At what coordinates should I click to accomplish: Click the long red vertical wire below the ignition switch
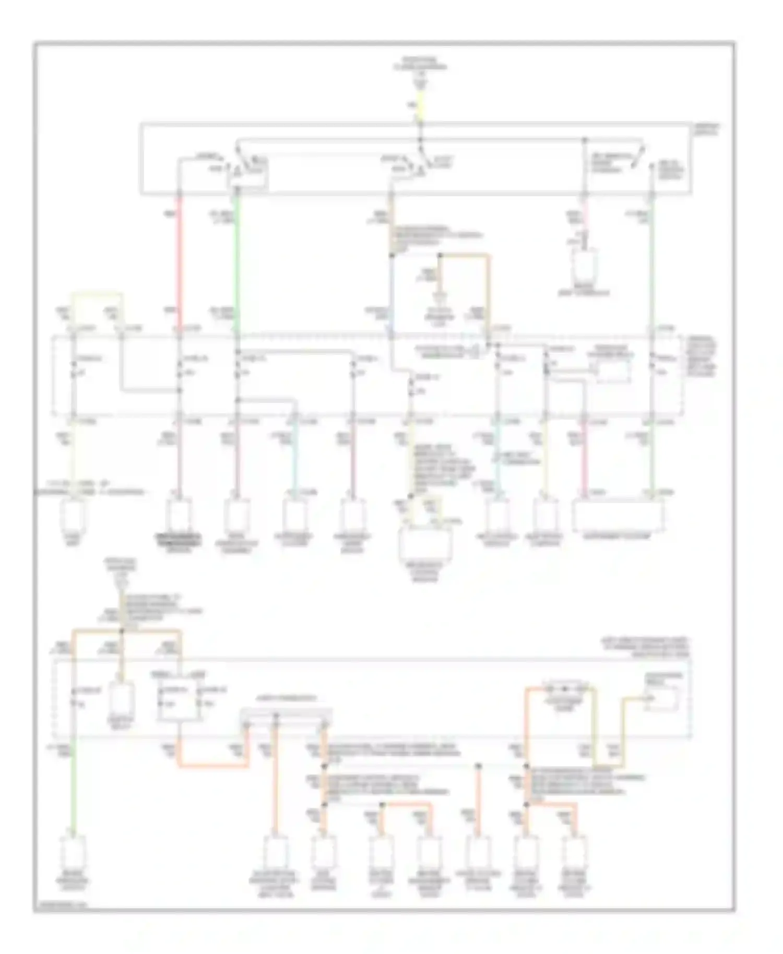(x=179, y=261)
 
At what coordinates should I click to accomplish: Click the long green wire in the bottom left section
(x=74, y=793)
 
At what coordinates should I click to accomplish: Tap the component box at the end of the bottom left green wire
(x=74, y=854)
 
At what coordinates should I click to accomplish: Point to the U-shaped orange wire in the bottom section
(x=214, y=765)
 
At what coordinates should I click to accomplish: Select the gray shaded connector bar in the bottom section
(x=286, y=713)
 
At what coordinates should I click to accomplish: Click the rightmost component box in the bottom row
(x=575, y=854)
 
